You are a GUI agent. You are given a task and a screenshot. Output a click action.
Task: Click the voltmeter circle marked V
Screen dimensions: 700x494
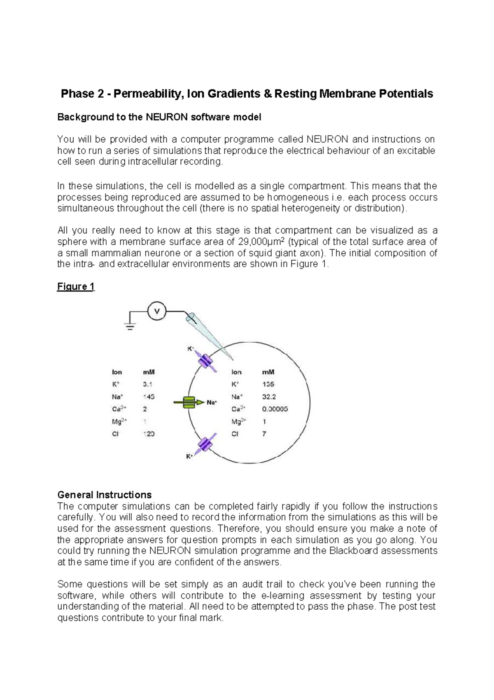click(156, 311)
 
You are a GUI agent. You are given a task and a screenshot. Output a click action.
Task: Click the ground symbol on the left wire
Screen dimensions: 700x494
click(130, 326)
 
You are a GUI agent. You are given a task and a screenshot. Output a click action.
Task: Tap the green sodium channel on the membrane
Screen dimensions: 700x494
click(189, 402)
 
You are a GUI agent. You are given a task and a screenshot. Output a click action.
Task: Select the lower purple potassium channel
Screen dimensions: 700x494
click(205, 444)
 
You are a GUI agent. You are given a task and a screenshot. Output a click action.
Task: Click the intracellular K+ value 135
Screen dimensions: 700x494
click(268, 384)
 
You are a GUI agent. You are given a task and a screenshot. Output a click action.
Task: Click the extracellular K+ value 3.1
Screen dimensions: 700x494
click(147, 384)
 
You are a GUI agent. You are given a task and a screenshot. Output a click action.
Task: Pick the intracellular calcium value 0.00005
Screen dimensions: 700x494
click(275, 409)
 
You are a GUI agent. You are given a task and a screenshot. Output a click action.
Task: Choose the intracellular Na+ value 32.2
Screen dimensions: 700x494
click(269, 397)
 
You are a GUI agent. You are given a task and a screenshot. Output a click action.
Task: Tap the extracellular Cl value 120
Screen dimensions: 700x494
click(149, 434)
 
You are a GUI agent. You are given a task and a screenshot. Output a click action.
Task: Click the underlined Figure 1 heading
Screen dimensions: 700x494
click(76, 287)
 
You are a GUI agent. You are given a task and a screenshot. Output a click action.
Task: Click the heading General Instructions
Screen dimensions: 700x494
click(104, 495)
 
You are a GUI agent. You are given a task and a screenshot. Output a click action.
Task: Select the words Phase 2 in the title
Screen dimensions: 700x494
click(82, 94)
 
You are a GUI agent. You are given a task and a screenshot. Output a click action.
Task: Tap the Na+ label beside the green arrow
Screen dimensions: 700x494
click(212, 402)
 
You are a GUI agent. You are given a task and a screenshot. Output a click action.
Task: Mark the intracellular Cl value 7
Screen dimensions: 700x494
click(264, 434)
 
